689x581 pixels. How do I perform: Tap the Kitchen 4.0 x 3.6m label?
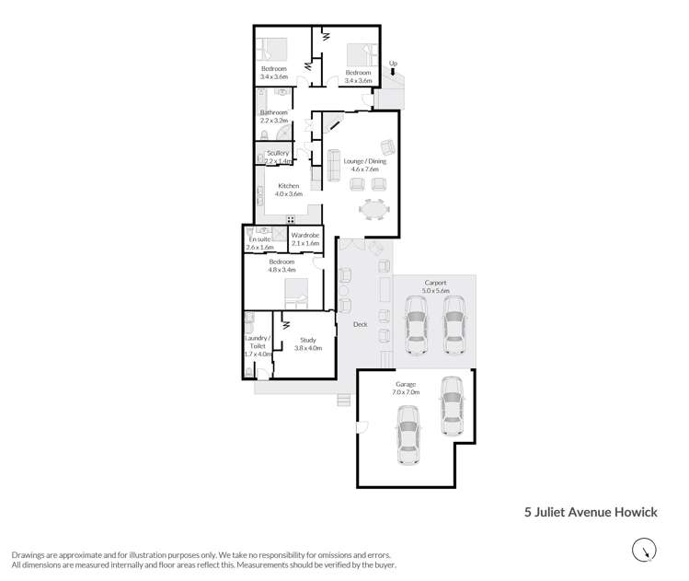click(289, 190)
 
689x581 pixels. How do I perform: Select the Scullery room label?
click(278, 157)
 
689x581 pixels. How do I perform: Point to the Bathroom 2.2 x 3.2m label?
click(274, 116)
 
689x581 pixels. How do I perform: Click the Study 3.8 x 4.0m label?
click(307, 344)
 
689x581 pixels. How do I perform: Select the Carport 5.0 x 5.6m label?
click(435, 285)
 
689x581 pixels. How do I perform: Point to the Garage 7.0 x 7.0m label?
click(406, 388)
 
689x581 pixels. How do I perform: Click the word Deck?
click(360, 324)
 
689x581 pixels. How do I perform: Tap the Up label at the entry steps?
click(394, 64)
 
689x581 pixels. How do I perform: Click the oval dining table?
click(374, 211)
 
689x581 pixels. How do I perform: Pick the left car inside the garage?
click(408, 438)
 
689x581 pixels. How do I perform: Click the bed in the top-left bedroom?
click(273, 48)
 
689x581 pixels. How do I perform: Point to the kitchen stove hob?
click(290, 219)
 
